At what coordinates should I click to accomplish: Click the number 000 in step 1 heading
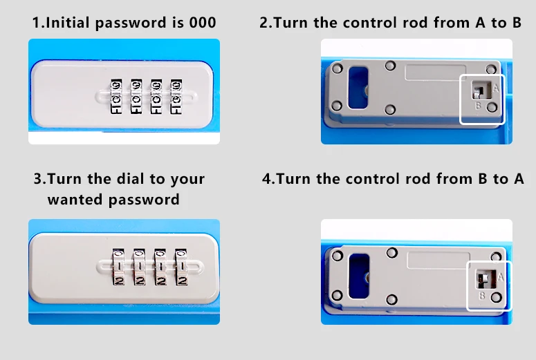pyautogui.click(x=203, y=23)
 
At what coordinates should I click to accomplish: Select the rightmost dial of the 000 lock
pyautogui.click(x=176, y=95)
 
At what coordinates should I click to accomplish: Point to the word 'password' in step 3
pyautogui.click(x=145, y=200)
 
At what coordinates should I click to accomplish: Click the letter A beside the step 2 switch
pyautogui.click(x=496, y=89)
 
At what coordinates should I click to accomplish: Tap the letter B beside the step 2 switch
pyautogui.click(x=478, y=106)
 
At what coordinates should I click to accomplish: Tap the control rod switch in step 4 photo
pyautogui.click(x=483, y=279)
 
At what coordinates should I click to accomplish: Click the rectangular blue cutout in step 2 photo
pyautogui.click(x=360, y=88)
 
